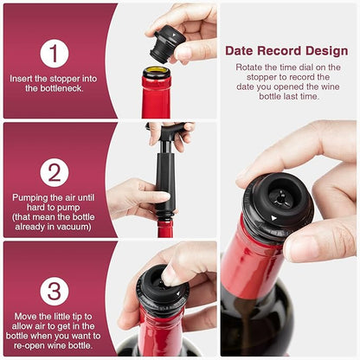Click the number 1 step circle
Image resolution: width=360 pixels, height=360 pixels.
(55, 54)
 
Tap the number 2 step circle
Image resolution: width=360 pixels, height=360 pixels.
(55, 172)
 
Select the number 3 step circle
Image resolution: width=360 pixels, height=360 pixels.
(55, 292)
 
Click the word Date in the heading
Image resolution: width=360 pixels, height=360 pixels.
(239, 51)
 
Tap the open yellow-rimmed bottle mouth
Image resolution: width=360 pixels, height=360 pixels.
(157, 71)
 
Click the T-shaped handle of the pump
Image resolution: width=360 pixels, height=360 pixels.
(167, 129)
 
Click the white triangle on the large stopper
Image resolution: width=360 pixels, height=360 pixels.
(273, 218)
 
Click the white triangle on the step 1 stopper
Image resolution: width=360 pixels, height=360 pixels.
(174, 35)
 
